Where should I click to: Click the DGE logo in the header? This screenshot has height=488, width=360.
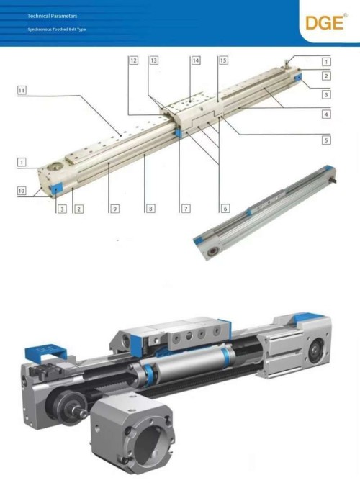click(323, 22)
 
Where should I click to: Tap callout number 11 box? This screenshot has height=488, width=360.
click(23, 91)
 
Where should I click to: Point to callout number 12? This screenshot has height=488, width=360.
click(134, 61)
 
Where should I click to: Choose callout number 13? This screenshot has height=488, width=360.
click(154, 61)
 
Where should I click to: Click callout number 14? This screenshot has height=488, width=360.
click(195, 61)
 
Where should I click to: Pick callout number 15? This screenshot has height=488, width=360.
click(223, 61)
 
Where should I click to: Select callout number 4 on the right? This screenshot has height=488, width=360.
click(326, 114)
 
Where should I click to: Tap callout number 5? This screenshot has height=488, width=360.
click(326, 140)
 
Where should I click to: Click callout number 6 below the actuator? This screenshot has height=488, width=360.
click(225, 209)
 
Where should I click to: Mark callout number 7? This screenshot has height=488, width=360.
click(185, 209)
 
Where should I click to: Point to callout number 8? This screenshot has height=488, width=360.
click(150, 209)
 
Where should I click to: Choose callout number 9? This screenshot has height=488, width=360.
click(114, 209)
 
